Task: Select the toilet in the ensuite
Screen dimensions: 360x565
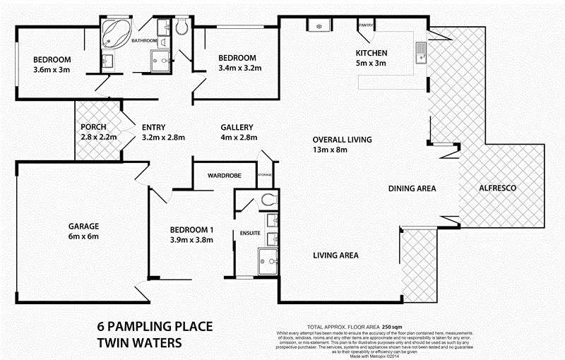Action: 269,200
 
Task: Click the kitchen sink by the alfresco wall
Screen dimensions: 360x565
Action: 421,52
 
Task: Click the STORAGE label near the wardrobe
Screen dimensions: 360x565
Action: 265,174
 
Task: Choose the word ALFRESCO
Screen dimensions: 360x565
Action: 498,188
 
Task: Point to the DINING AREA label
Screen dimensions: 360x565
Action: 412,188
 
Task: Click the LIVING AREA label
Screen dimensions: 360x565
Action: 336,256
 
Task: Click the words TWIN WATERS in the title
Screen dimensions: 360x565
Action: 139,343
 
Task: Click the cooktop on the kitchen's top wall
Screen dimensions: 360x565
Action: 315,26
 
